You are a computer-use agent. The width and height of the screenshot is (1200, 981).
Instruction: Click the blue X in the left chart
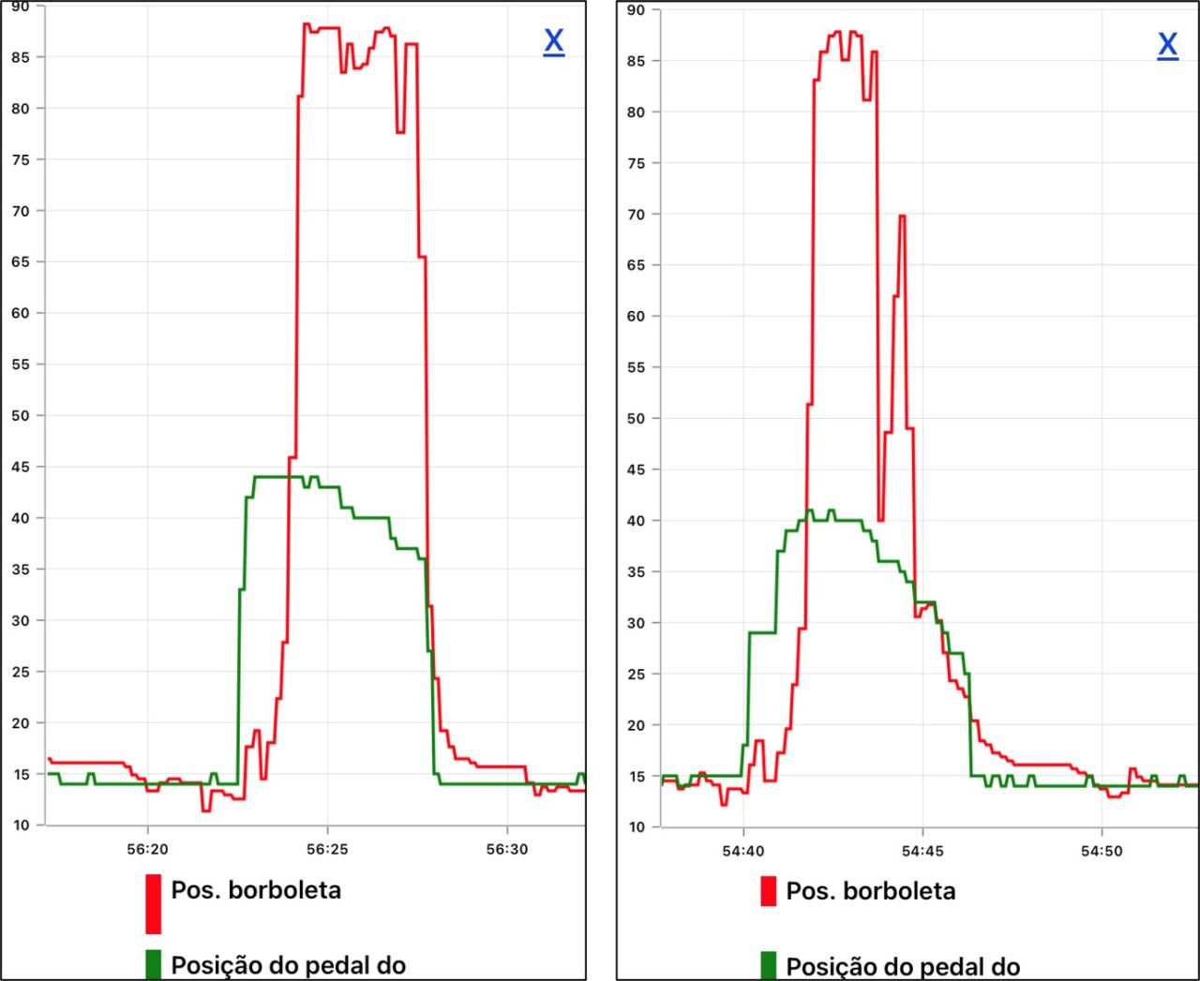click(554, 41)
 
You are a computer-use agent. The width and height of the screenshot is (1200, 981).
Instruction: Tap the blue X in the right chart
click(1167, 44)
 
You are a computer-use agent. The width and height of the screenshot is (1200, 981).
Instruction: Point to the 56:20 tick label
click(147, 849)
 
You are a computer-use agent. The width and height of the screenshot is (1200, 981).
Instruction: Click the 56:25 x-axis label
click(327, 849)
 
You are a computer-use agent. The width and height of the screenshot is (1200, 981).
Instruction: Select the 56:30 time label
click(507, 849)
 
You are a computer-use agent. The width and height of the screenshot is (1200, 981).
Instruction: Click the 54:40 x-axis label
click(743, 851)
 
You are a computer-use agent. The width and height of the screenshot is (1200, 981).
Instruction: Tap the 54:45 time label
click(922, 851)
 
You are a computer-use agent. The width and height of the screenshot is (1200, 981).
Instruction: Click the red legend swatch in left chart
click(153, 903)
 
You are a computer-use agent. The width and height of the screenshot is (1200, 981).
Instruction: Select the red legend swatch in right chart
click(768, 891)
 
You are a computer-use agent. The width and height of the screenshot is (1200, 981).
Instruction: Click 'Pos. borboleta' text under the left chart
click(256, 889)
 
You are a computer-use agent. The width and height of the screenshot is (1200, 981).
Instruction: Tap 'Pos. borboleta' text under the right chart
click(871, 891)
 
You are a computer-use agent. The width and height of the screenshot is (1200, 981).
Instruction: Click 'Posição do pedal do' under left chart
click(288, 965)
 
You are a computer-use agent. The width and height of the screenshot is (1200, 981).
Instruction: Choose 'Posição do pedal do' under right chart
click(903, 966)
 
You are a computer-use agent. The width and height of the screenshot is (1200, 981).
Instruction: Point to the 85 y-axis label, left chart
click(21, 57)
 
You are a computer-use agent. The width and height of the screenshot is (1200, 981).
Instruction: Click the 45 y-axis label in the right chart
click(637, 469)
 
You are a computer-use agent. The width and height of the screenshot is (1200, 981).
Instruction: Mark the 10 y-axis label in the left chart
click(21, 825)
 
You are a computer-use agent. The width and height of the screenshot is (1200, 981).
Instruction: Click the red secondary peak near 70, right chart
click(902, 216)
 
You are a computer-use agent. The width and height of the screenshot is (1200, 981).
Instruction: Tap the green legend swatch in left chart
click(153, 965)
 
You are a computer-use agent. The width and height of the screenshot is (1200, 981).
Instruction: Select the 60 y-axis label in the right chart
click(637, 317)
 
